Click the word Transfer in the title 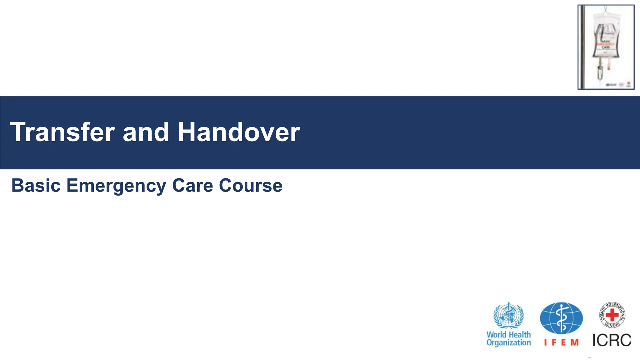[62, 132]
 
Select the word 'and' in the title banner [146, 132]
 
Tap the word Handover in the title [239, 132]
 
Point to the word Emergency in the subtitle [116, 186]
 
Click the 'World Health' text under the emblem [508, 335]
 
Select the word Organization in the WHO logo [508, 343]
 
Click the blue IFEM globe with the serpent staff [561, 318]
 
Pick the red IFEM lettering [561, 342]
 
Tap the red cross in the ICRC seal [612, 314]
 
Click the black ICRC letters [612, 340]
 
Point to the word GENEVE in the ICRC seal [612, 325]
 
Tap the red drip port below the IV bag [609, 66]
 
